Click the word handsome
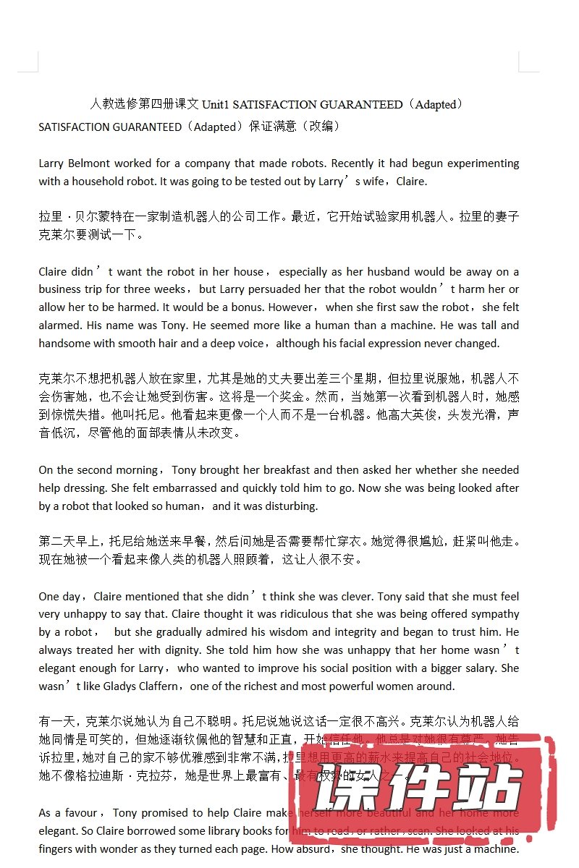point(66,344)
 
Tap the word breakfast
point(287,470)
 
